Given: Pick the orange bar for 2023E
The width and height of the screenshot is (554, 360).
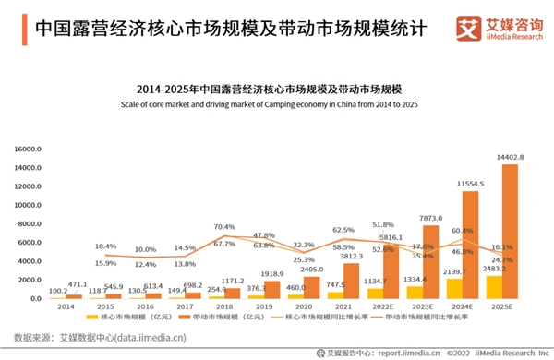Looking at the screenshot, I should (x=430, y=261).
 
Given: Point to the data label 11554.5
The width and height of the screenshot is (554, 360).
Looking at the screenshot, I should (x=471, y=185).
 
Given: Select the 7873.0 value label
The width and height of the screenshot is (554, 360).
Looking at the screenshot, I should (x=430, y=218).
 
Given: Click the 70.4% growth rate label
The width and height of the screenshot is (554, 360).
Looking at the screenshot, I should (x=224, y=226).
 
